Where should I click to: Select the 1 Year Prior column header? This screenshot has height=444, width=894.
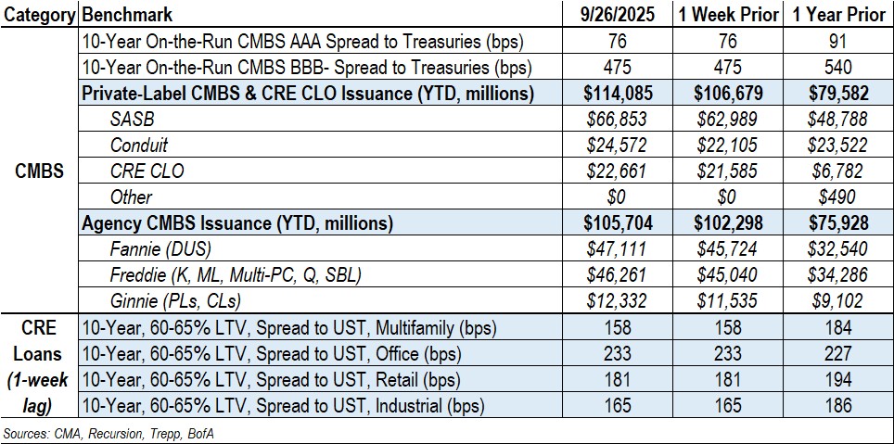pos(837,16)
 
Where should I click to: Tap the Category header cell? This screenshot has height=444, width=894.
pos(40,16)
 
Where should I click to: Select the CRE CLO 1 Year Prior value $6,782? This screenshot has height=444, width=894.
pos(837,171)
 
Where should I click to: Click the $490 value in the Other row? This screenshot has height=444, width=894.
pos(837,197)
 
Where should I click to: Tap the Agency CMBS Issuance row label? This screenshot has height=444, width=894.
pos(236,223)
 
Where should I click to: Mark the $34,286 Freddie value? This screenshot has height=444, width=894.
pos(837,275)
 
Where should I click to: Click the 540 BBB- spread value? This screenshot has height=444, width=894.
pos(837,68)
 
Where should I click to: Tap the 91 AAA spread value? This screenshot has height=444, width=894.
pos(837,42)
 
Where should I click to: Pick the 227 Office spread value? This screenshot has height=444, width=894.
pos(837,353)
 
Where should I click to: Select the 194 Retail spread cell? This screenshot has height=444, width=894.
pos(837,379)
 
